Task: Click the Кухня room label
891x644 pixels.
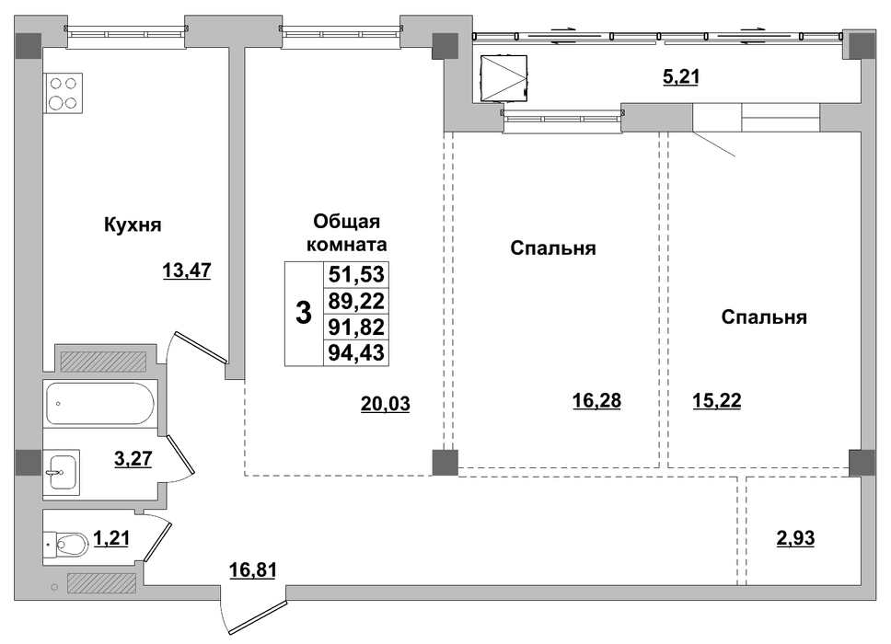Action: [133, 224]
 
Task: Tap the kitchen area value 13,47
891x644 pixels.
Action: [186, 270]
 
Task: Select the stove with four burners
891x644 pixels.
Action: [64, 93]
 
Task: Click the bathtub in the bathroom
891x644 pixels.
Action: [100, 403]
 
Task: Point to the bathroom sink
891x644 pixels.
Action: [62, 472]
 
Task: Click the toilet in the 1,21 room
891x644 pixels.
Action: [66, 545]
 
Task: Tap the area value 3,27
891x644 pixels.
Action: [133, 458]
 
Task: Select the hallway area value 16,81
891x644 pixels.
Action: [253, 569]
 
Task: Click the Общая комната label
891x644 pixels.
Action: [347, 233]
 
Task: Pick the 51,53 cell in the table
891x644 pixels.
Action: [356, 274]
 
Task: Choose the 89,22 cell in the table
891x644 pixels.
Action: [356, 301]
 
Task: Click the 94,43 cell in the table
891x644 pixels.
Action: [356, 352]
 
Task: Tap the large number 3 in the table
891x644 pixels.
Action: [304, 313]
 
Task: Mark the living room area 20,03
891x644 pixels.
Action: [386, 404]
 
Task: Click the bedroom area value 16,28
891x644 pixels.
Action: [596, 400]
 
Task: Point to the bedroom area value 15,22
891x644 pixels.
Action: [716, 400]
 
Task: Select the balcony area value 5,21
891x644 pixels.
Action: [681, 76]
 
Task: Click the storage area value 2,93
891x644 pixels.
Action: [795, 537]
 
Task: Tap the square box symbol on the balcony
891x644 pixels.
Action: [503, 78]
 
